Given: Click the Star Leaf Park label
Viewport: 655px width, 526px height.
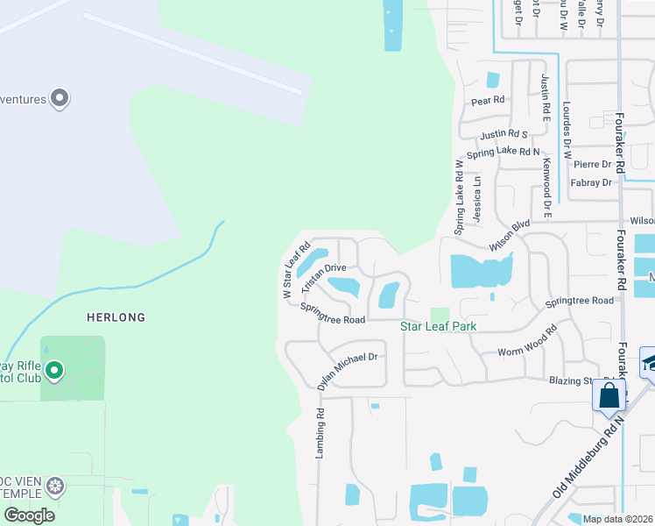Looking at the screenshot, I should (x=439, y=327).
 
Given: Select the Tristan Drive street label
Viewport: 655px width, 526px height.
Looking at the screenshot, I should (x=324, y=278).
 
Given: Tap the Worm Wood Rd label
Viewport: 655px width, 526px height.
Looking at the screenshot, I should (x=527, y=344).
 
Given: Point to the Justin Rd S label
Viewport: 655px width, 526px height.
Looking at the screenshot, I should (x=504, y=135).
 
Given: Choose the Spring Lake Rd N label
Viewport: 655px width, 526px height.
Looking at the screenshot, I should (x=504, y=153).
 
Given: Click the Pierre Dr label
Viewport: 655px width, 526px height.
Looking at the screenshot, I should (x=592, y=164).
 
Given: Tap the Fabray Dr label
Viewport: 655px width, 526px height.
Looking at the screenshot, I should (x=590, y=183).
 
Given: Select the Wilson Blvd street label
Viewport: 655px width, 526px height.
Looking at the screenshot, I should (x=510, y=237).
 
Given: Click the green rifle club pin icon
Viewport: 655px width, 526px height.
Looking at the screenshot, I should (x=54, y=372).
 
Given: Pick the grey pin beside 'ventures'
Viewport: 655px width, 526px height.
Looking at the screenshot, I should (x=60, y=98).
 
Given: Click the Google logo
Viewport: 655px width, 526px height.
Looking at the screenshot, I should (x=29, y=515).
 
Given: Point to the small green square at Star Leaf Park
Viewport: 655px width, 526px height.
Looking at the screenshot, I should (x=440, y=315).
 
